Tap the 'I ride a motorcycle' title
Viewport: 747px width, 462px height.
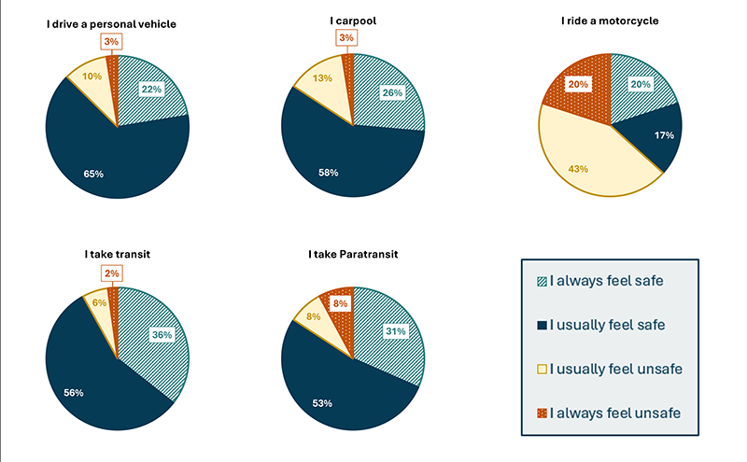pos(610,21)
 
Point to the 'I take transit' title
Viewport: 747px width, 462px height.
pos(117,254)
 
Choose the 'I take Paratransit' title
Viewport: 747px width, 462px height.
pos(353,254)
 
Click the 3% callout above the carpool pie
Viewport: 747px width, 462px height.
pos(347,37)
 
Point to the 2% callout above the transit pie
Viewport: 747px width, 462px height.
pos(111,273)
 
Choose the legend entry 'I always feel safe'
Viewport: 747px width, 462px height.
pos(612,279)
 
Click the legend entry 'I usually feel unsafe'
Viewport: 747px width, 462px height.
pos(616,369)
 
